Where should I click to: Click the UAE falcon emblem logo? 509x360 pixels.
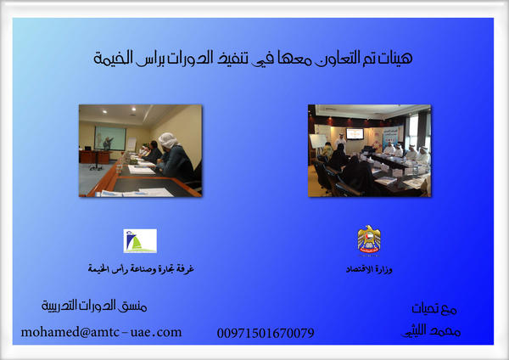tap(369, 240)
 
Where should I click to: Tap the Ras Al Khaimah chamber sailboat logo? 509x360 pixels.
tap(140, 241)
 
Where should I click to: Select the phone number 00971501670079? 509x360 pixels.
tap(266, 333)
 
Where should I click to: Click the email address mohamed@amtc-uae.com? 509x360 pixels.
tap(102, 332)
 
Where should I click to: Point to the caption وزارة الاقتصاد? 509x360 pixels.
tap(370, 269)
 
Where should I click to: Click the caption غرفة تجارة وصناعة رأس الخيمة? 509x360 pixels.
tap(142, 269)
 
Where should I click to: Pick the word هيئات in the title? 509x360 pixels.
tap(396, 59)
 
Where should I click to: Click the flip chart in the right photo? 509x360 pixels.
tap(318, 141)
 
